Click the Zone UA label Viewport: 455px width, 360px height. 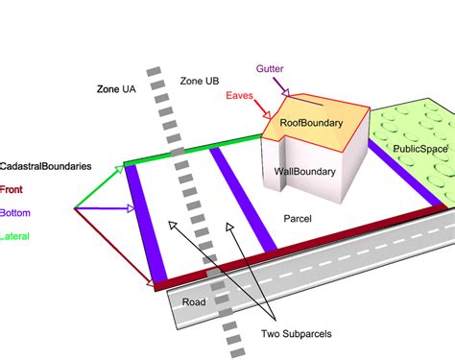(115, 88)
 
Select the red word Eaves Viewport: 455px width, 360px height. (240, 96)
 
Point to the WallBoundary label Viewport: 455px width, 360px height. (304, 173)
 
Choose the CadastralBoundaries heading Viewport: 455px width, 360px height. (46, 166)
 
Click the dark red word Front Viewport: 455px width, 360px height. (13, 189)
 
